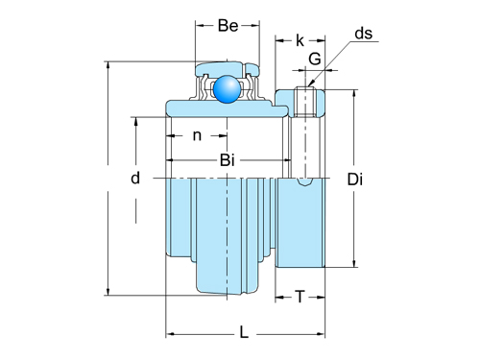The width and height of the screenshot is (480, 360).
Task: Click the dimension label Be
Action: click(x=228, y=26)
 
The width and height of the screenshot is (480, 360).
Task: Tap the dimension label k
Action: click(x=300, y=40)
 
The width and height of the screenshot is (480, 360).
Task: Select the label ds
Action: click(x=364, y=34)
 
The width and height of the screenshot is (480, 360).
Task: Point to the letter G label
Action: click(x=314, y=60)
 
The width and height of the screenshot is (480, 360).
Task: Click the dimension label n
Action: click(x=197, y=135)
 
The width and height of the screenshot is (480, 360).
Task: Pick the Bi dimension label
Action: click(x=228, y=159)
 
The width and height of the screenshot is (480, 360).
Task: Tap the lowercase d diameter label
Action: click(x=135, y=178)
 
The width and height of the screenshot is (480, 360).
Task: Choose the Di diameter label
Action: click(x=355, y=179)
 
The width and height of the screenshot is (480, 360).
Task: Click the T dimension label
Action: click(x=300, y=297)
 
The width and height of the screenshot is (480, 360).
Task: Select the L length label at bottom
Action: click(x=244, y=332)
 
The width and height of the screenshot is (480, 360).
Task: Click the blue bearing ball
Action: click(x=228, y=88)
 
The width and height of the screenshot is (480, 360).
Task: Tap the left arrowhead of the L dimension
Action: click(x=170, y=334)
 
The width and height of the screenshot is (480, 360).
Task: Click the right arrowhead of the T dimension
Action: click(x=321, y=297)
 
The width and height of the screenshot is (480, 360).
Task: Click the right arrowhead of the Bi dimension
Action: click(x=283, y=160)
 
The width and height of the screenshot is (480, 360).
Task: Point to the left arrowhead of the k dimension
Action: click(x=278, y=41)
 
